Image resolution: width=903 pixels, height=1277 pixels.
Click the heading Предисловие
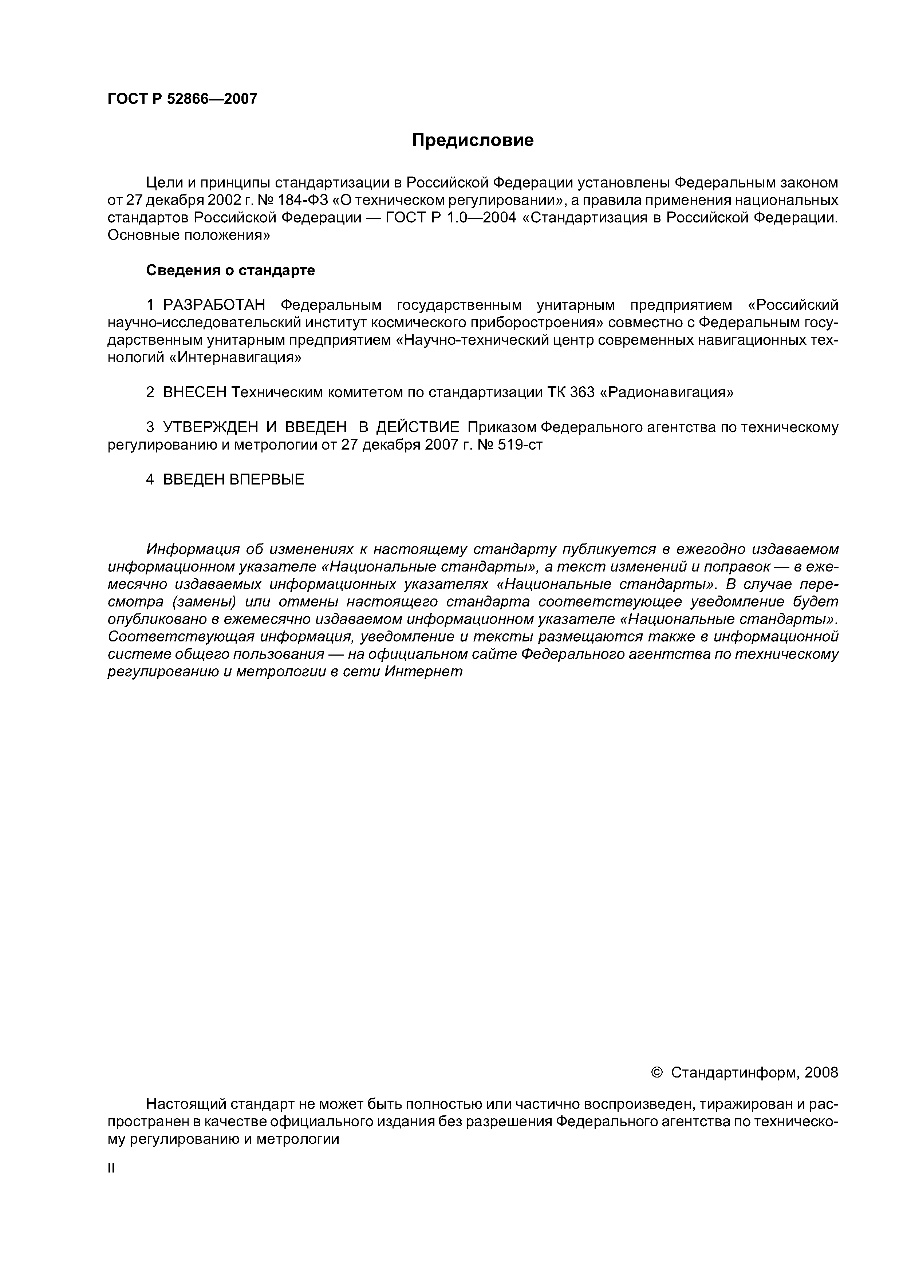(x=472, y=140)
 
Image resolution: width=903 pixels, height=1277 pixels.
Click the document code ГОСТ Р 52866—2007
(x=182, y=99)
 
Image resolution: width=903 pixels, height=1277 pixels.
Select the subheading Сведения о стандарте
(x=230, y=270)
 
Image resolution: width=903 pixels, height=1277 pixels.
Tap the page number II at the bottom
(x=111, y=1169)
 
